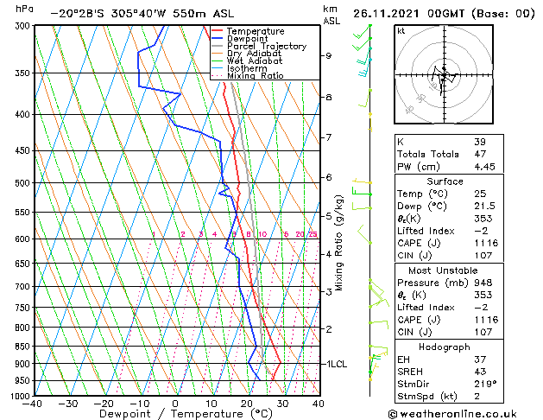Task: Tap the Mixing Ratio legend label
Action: click(x=255, y=76)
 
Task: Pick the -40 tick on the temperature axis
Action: click(x=33, y=404)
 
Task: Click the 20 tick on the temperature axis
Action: click(x=247, y=404)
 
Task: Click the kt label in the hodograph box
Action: click(x=401, y=31)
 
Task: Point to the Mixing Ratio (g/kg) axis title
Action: click(x=339, y=243)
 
